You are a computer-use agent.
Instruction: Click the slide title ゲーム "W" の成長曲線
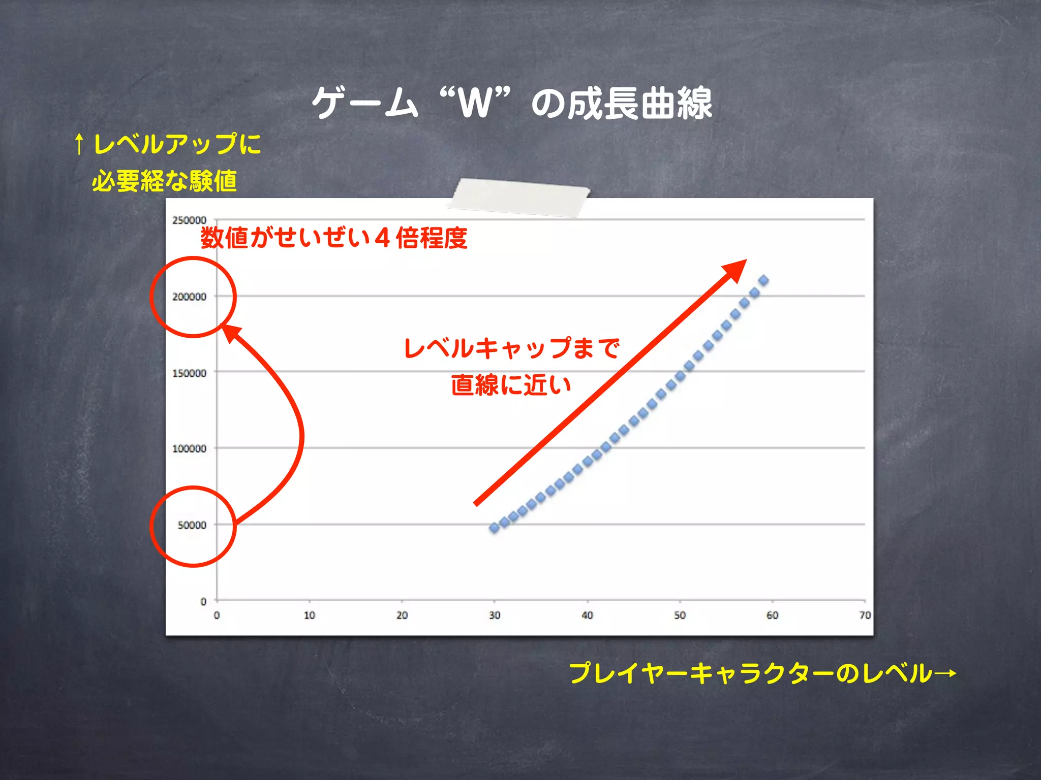tap(512, 103)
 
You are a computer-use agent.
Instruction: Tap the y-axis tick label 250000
tap(189, 220)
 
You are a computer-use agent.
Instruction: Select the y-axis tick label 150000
tap(189, 373)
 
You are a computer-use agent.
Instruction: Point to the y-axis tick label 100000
tap(189, 449)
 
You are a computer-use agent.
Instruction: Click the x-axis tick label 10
tap(309, 615)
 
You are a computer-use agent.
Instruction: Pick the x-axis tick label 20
tap(402, 615)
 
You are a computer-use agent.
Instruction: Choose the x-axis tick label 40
tap(587, 615)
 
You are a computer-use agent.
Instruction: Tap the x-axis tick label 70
tap(865, 615)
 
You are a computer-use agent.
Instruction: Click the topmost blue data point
tap(763, 280)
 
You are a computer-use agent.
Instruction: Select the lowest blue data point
tap(494, 528)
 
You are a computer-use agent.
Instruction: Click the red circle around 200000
tap(193, 297)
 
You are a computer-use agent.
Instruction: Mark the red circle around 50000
tap(193, 526)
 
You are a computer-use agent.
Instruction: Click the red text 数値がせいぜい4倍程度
tap(334, 238)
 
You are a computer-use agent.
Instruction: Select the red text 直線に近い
tap(511, 384)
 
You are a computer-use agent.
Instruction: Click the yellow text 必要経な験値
tap(164, 181)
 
